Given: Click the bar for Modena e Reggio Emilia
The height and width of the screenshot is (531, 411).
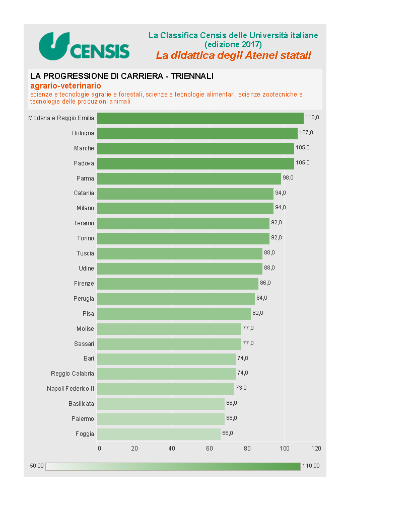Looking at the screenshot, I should click(200, 118).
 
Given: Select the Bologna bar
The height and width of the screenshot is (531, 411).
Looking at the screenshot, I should click(197, 133).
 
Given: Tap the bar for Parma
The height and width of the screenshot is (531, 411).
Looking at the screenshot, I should click(189, 179).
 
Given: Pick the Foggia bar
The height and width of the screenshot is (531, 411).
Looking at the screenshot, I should click(159, 433).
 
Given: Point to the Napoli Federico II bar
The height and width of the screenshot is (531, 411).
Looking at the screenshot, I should click(165, 389).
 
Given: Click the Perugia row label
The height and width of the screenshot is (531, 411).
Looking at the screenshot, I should click(84, 299).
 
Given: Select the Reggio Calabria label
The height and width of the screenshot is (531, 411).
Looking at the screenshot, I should click(73, 374).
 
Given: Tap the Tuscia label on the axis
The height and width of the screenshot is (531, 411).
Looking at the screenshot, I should click(85, 253).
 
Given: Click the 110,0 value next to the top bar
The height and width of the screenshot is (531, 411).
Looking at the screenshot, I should click(312, 117).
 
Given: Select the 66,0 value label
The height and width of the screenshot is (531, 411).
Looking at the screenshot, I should click(228, 433).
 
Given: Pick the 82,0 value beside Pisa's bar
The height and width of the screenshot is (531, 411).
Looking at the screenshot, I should click(258, 313).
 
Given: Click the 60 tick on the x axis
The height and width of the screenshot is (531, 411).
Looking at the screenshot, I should click(210, 448).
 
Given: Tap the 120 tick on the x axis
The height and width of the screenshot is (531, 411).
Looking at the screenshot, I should click(317, 448).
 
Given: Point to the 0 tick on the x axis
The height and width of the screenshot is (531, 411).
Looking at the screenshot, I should click(99, 448).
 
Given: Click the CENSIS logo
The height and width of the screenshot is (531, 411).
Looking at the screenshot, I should click(84, 46).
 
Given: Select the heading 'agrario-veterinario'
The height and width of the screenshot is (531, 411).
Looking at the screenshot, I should click(65, 86).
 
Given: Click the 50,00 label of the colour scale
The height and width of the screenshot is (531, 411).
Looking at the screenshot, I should click(37, 466).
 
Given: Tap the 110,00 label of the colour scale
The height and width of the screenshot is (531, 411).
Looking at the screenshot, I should click(311, 466).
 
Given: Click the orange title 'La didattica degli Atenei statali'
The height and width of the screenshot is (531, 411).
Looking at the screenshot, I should click(233, 55).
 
